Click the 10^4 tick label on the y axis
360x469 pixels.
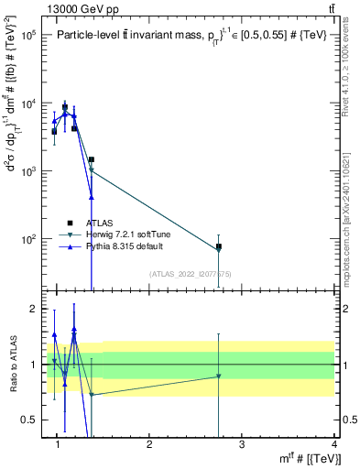pos(28,103)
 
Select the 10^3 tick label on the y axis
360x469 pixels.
pos(28,171)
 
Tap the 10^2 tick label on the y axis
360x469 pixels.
pos(28,239)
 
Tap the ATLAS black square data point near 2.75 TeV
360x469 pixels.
pos(219,247)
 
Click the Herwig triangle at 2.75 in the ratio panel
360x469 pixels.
pos(219,376)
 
